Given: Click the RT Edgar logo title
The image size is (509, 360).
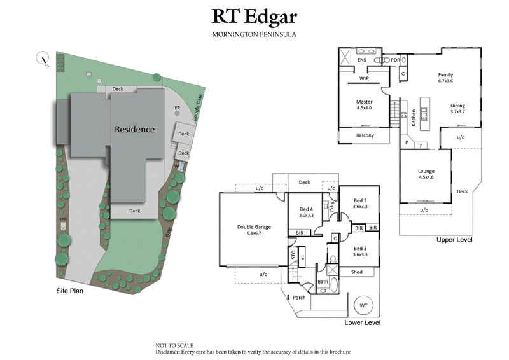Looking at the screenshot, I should pos(254,17).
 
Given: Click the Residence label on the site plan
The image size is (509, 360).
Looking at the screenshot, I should pos(134,129).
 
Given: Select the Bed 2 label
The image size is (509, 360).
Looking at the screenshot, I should pos(360,203).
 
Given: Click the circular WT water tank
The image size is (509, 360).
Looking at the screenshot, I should pos(363,305).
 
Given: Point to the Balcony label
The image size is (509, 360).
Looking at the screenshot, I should pos(365,135).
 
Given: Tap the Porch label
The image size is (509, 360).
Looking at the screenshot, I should pos(299,298).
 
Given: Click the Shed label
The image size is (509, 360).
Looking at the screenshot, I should pos(356,272).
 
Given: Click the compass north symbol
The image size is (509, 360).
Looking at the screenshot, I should pos(44,59).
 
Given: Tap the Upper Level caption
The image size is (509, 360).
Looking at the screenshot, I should pos(454,240).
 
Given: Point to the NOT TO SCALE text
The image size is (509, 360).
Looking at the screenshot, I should pos(174,345).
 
